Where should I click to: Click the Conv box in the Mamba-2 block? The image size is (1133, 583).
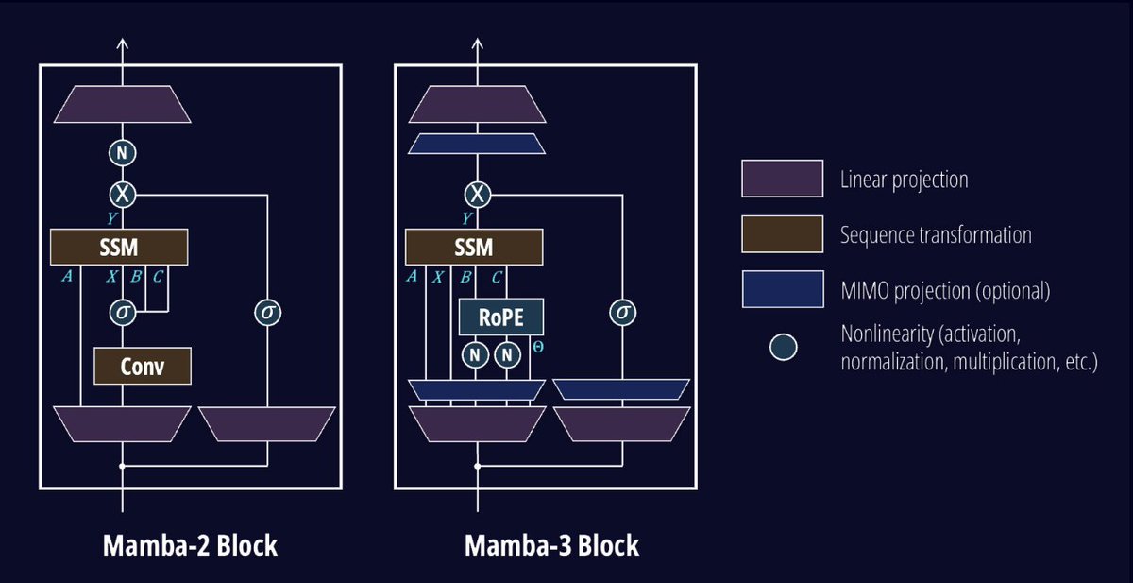pos(143,366)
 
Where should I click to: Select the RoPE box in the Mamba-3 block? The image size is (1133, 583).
pos(501,317)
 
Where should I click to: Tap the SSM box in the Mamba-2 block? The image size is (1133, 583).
pos(120,248)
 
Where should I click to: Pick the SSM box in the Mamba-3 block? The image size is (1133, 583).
pos(474,248)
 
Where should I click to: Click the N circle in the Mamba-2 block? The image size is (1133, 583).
pos(122,153)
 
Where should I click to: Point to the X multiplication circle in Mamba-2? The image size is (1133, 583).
pos(122,195)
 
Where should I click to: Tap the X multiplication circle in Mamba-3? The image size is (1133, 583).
pos(478,195)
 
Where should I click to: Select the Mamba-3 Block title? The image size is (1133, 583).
pos(551,545)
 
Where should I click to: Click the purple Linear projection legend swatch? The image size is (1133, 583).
pos(781,179)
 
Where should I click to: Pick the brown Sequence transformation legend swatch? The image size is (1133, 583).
pos(781,234)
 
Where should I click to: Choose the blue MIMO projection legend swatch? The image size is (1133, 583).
pos(781,290)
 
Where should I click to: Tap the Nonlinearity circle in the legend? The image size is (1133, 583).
pos(783,347)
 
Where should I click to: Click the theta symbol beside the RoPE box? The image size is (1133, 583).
pos(538,348)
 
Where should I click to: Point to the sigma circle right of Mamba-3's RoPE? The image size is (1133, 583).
pos(621,313)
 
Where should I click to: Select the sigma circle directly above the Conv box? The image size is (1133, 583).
pos(122,313)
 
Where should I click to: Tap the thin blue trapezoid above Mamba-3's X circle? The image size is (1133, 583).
pos(477,144)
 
